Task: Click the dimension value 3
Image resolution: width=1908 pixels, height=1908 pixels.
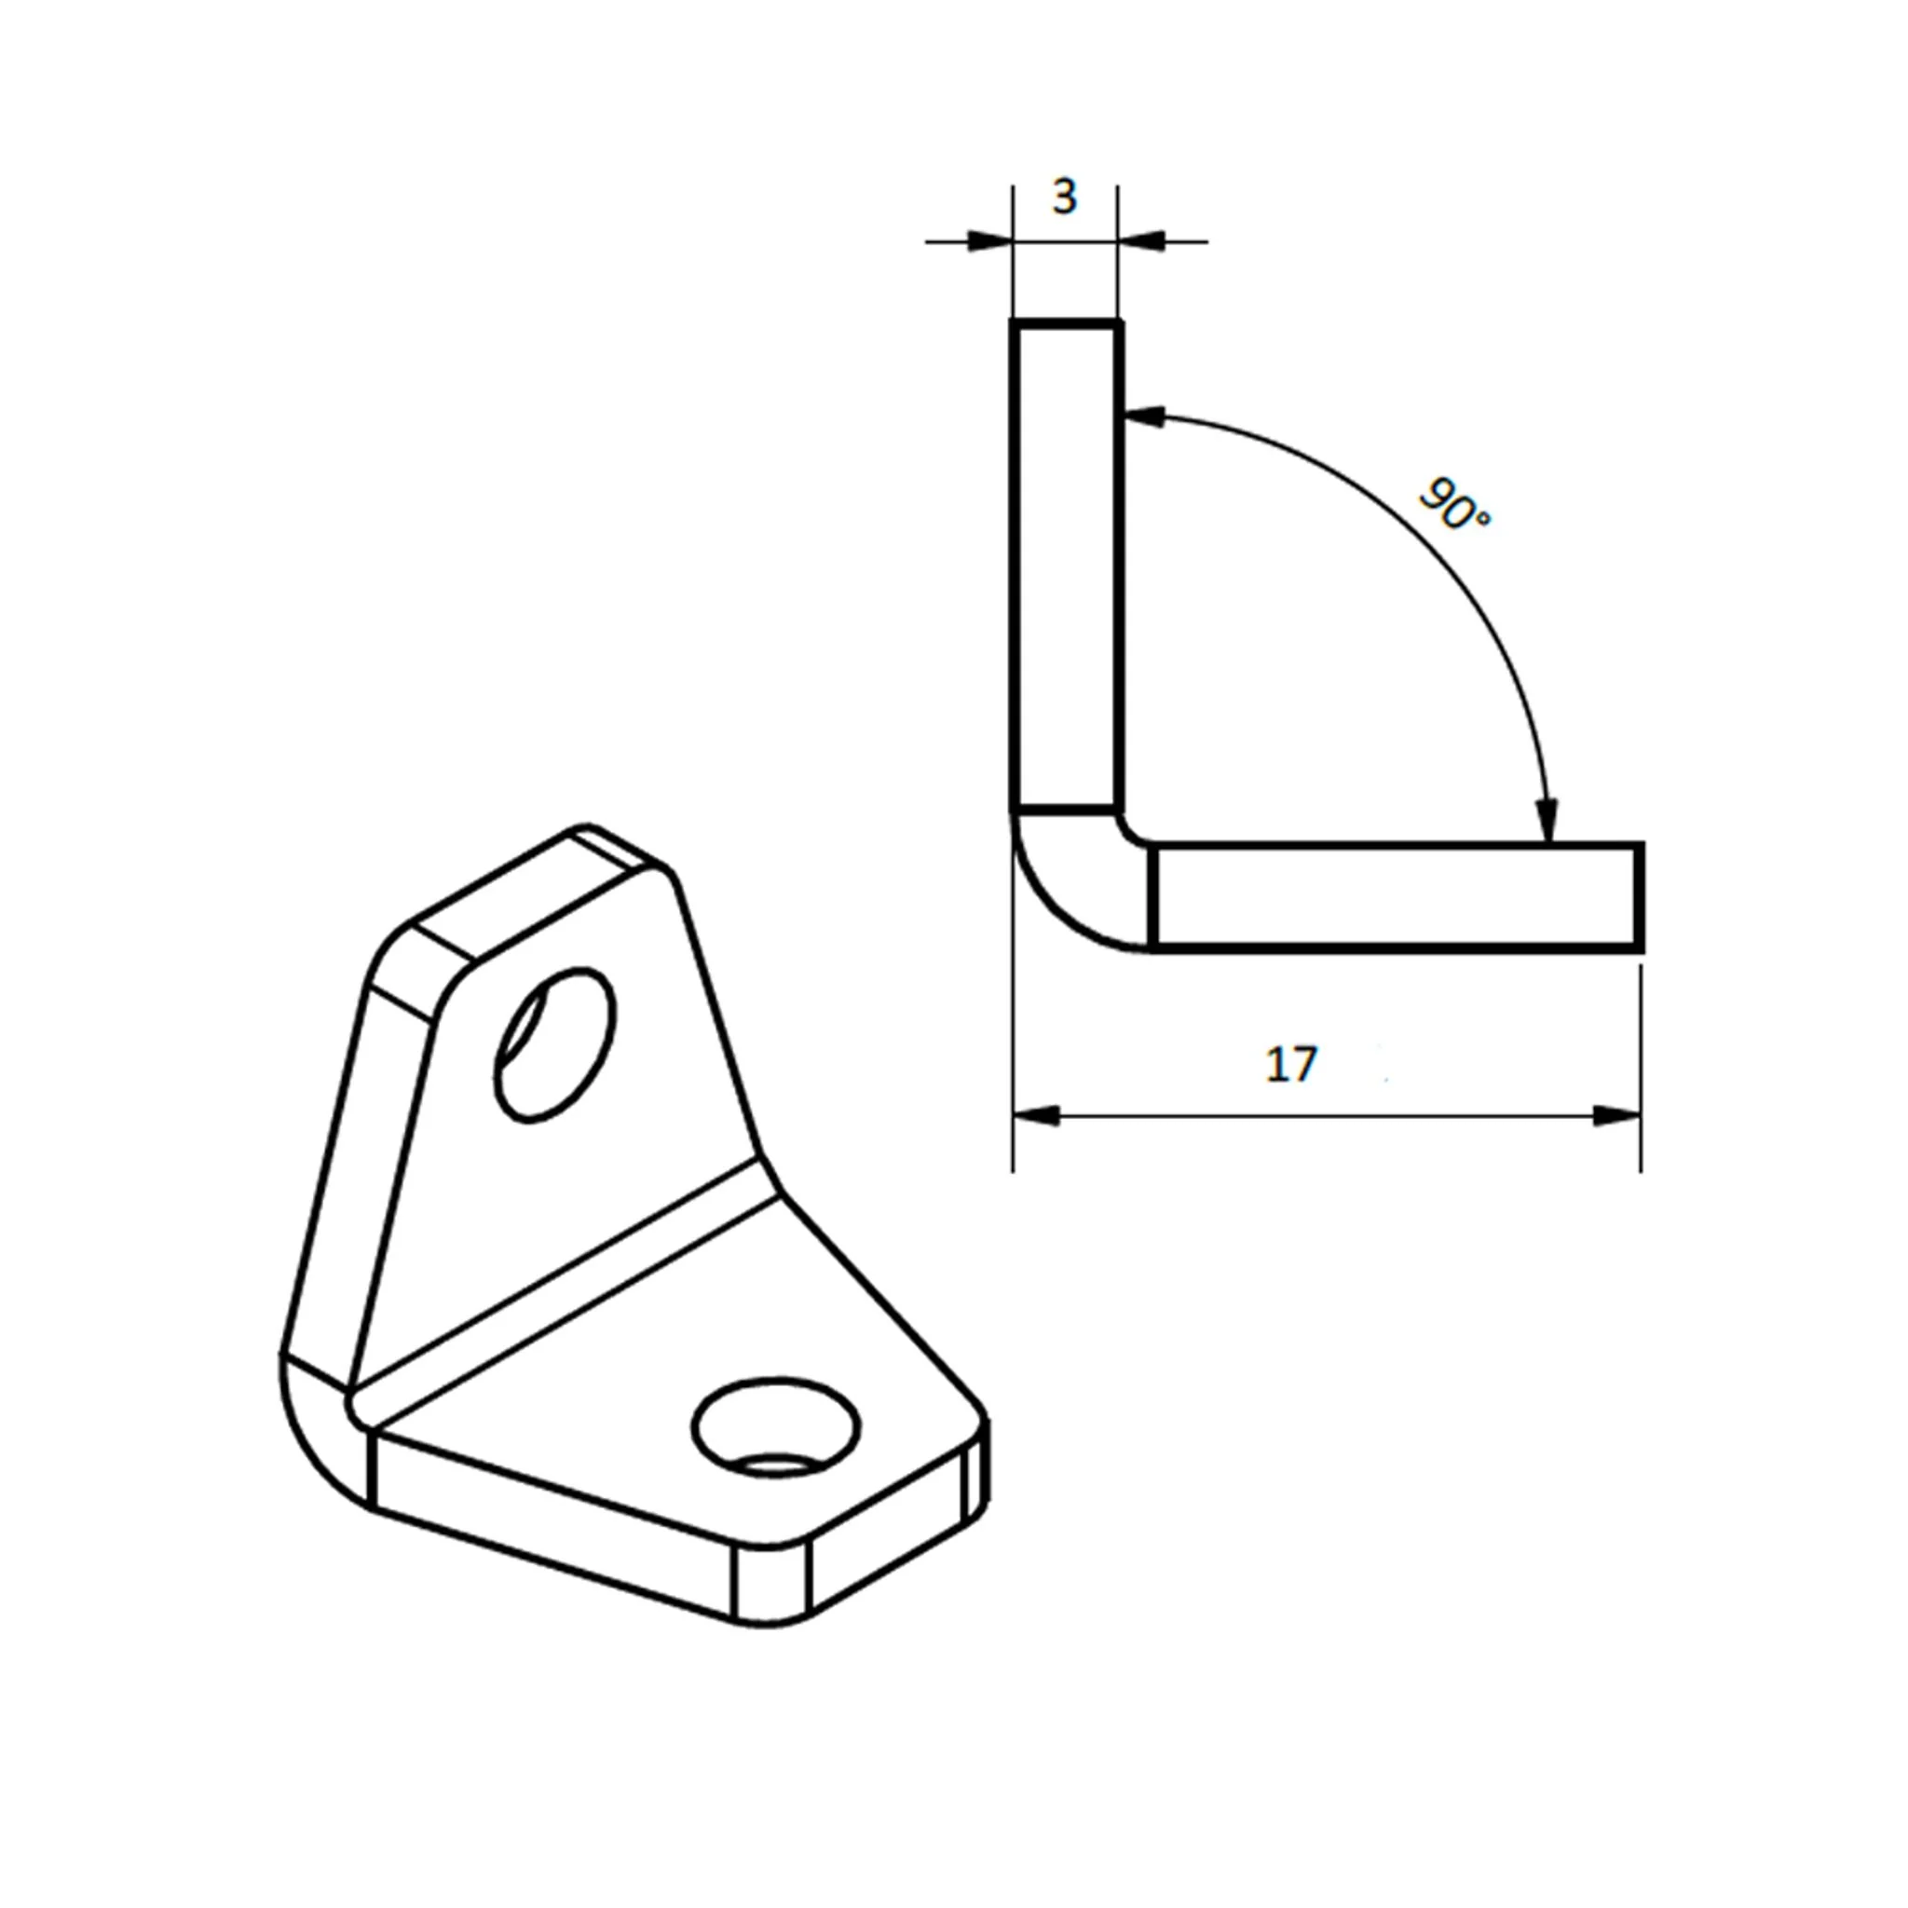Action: pyautogui.click(x=1064, y=198)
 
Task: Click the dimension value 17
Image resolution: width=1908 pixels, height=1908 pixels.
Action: pyautogui.click(x=1290, y=1065)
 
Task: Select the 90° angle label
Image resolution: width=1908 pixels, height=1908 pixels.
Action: pyautogui.click(x=1453, y=504)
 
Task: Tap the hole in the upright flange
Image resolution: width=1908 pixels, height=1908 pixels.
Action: pyautogui.click(x=555, y=1045)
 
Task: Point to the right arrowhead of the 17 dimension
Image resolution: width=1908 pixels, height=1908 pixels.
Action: pyautogui.click(x=1615, y=1116)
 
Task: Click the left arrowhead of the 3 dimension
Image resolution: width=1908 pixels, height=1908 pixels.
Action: pyautogui.click(x=989, y=241)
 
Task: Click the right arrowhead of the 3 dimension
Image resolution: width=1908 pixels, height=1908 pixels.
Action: pyautogui.click(x=1141, y=241)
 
